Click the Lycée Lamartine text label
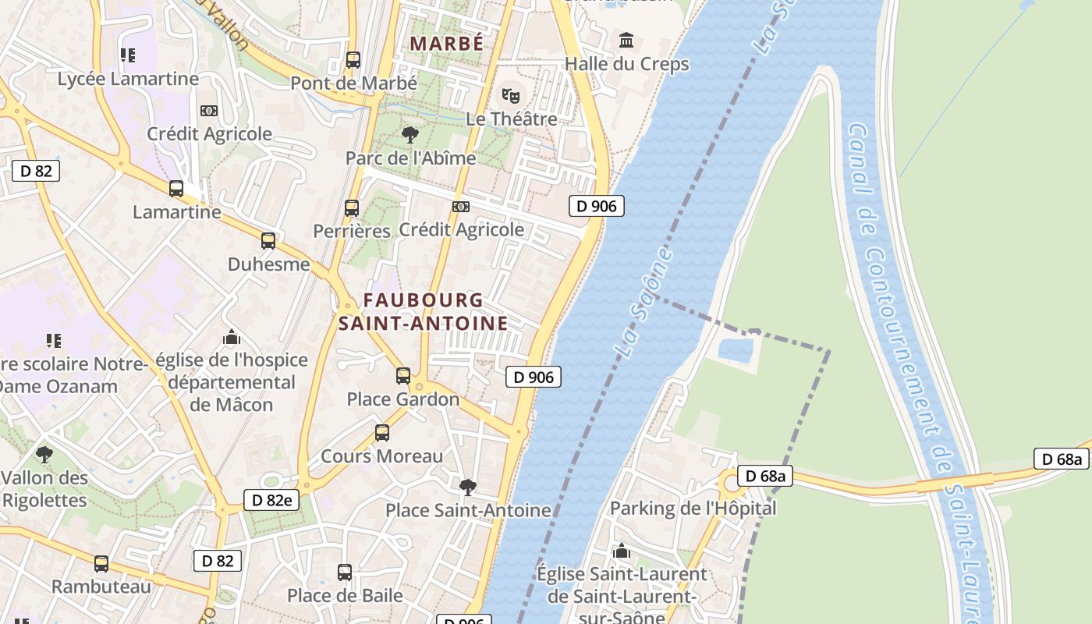point(128,79)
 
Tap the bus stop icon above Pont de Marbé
point(353,60)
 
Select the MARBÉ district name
point(447,44)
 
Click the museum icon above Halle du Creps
point(626,40)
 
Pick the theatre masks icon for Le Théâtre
point(511,96)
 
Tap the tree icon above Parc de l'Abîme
point(409,135)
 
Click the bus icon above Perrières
point(352,208)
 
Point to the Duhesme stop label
point(268,264)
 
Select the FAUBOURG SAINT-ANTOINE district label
point(423,311)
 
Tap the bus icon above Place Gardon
point(403,376)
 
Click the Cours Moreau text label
point(381,456)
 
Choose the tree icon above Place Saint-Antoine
point(468,487)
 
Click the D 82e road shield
point(271,500)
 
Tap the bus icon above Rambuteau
point(101,563)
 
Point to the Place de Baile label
point(345,596)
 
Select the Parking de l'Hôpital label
point(693,509)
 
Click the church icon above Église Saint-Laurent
point(622,551)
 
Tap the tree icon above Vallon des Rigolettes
point(44,454)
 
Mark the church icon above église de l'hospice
point(232,338)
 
